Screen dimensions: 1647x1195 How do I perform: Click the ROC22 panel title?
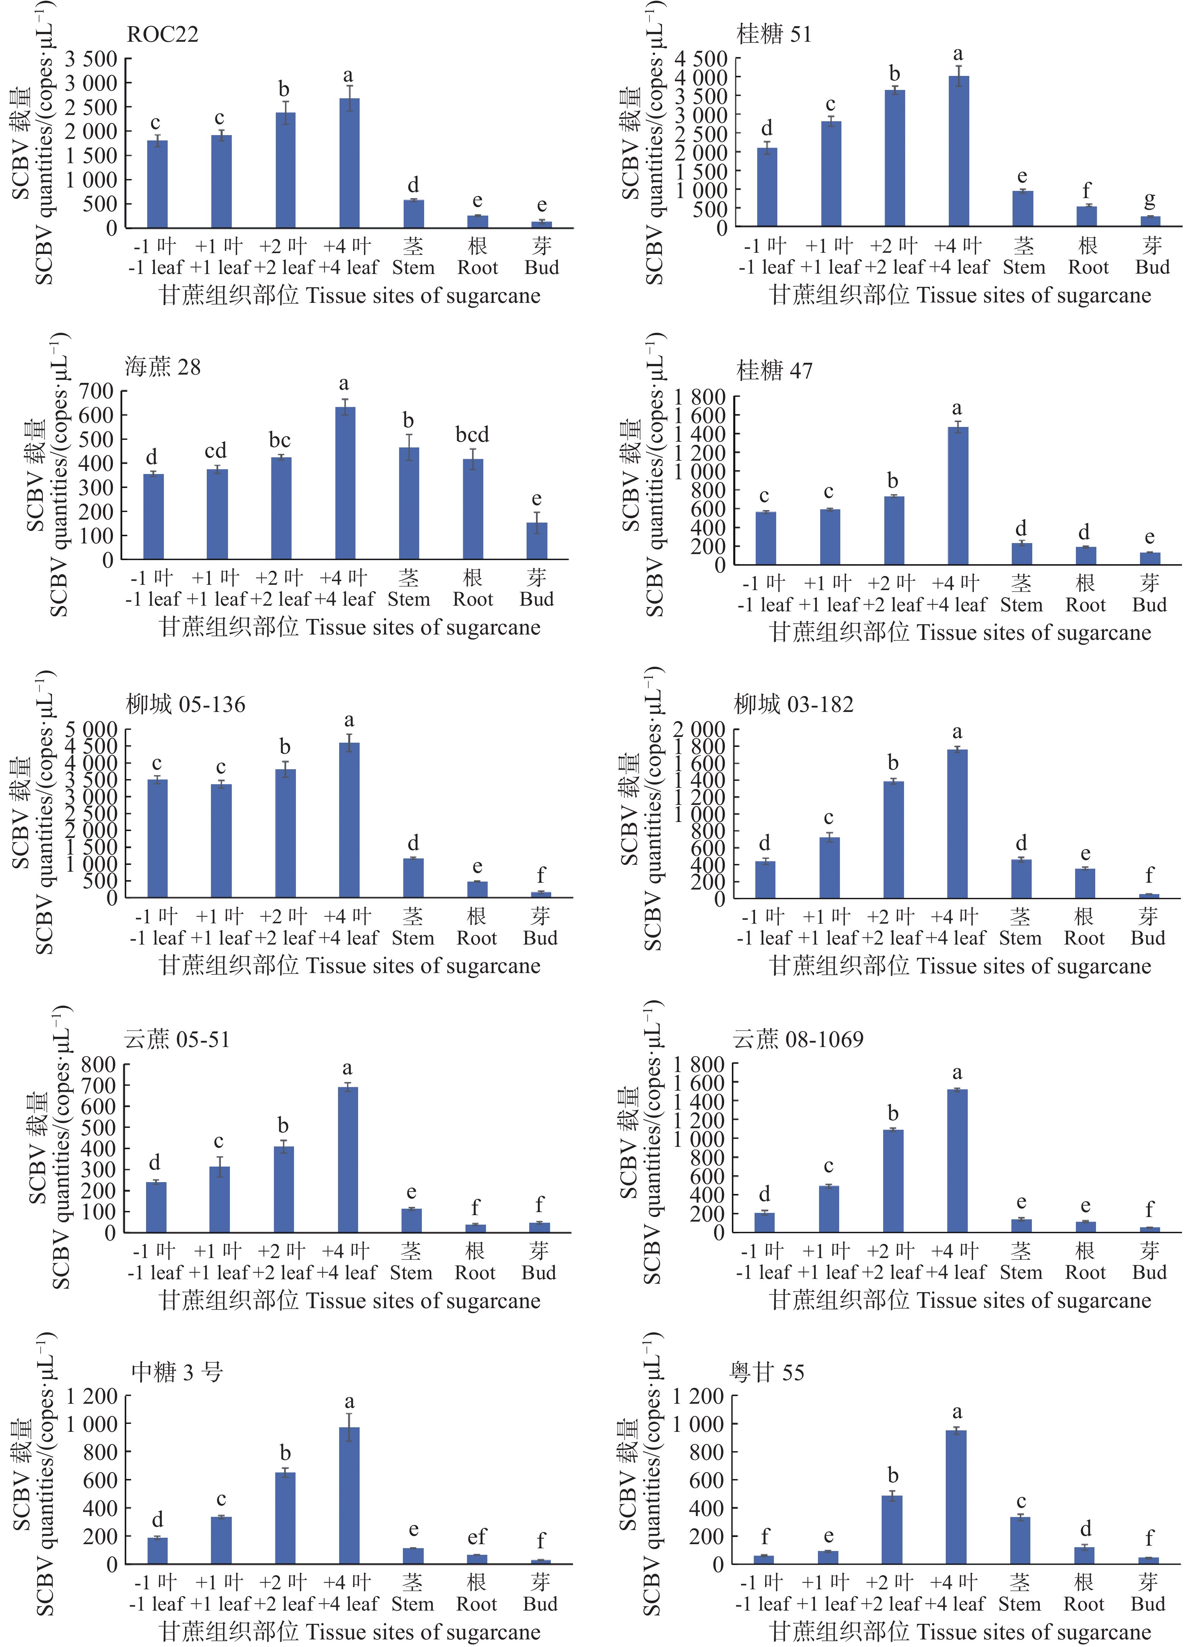(x=163, y=34)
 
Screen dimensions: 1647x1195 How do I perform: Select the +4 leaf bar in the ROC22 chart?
(x=349, y=164)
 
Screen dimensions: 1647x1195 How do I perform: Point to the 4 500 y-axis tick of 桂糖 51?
(x=701, y=58)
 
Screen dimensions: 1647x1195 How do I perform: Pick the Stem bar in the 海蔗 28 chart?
(x=409, y=503)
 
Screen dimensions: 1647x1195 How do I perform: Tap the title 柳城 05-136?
(x=186, y=704)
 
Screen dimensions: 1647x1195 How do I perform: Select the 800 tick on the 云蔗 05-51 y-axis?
(x=98, y=1064)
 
